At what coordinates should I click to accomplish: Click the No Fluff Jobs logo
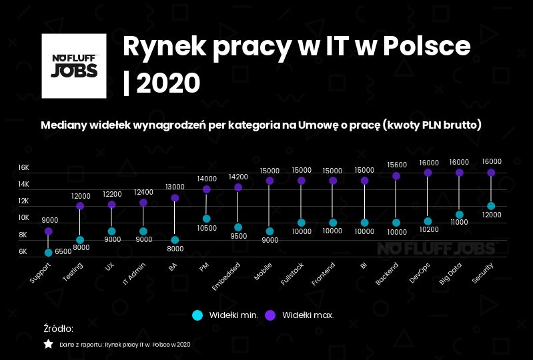click(x=74, y=66)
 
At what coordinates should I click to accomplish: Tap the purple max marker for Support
click(x=49, y=231)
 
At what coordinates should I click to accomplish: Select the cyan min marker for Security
click(x=491, y=206)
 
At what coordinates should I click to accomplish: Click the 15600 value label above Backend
click(x=396, y=164)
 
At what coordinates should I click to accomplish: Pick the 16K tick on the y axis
click(x=23, y=167)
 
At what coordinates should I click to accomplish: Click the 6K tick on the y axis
click(x=23, y=251)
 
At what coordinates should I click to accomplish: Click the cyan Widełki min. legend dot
click(x=197, y=314)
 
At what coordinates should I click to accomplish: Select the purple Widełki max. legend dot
click(x=270, y=314)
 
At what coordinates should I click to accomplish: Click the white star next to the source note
click(x=48, y=344)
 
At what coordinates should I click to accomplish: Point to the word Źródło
click(x=58, y=329)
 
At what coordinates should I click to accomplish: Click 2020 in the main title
click(x=171, y=83)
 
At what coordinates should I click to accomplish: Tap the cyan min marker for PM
click(x=207, y=219)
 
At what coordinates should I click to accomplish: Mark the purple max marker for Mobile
click(x=270, y=181)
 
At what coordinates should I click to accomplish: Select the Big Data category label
click(x=450, y=274)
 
